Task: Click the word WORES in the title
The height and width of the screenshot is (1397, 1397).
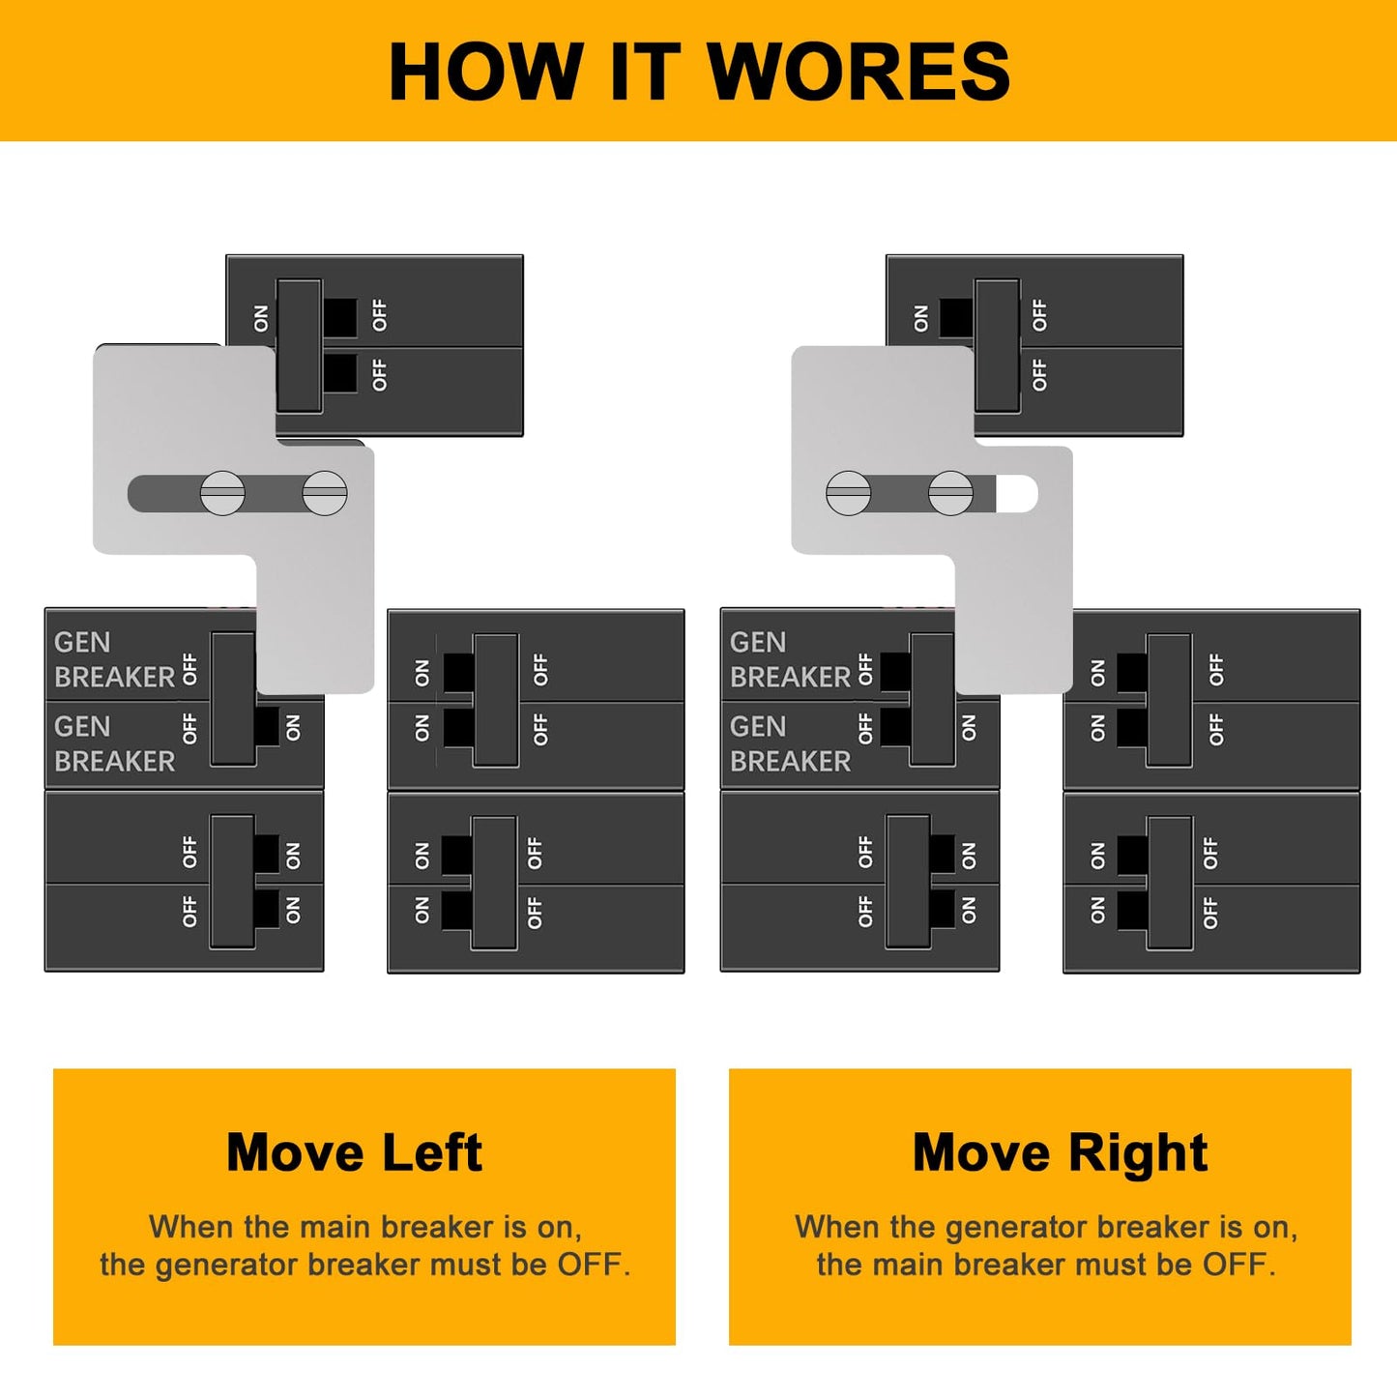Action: pos(859,71)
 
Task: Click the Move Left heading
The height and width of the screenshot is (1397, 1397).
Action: pos(355,1152)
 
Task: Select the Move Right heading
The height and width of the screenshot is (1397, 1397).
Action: pos(1060,1152)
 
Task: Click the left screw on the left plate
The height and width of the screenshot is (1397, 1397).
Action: pos(222,493)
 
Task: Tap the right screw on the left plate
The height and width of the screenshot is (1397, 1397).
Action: pos(325,493)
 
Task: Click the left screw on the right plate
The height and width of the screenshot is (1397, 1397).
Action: pos(848,493)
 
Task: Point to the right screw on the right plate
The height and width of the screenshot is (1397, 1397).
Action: pos(950,493)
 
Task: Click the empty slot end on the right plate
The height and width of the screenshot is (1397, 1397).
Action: pos(1017,494)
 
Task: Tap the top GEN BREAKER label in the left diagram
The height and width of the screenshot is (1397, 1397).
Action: pos(114,659)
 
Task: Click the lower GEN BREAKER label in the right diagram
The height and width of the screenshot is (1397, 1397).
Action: pos(790,743)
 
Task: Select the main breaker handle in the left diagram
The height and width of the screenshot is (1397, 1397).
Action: pos(300,345)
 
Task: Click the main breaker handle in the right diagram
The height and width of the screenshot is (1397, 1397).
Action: pos(998,345)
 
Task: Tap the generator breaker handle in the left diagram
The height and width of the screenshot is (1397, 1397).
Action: pos(233,699)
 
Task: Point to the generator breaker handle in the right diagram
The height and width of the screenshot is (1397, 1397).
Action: pos(932,699)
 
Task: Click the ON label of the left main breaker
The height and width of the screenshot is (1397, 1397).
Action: pos(261,318)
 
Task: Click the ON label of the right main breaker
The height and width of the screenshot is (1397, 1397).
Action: pos(920,318)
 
